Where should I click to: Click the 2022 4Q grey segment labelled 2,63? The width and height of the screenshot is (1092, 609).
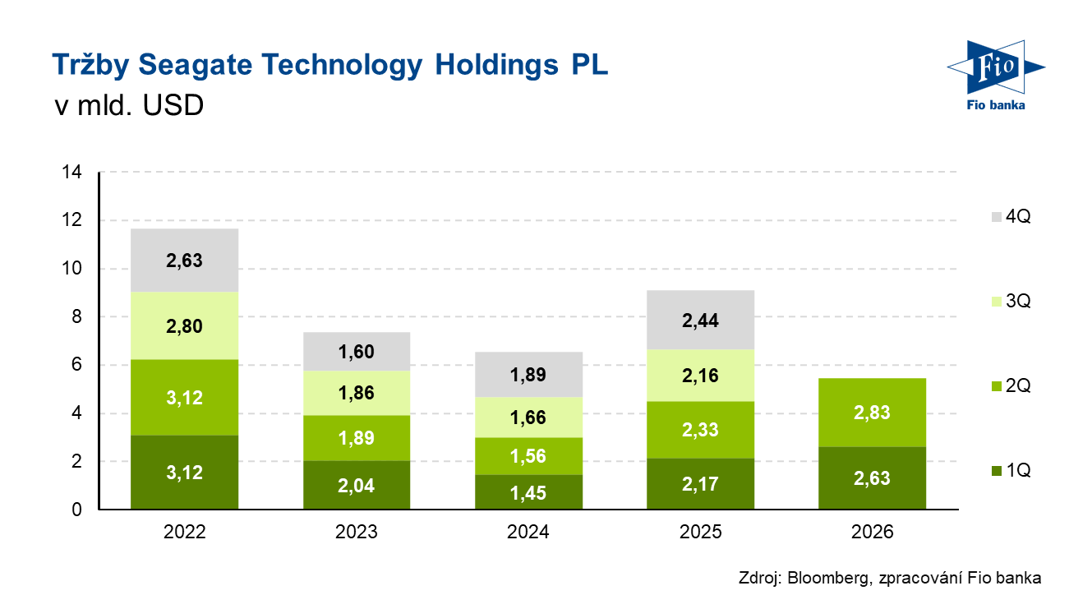coord(185,261)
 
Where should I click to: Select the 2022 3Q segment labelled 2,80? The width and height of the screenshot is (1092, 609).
coord(185,325)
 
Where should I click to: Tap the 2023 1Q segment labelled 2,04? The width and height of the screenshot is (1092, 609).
coord(357,485)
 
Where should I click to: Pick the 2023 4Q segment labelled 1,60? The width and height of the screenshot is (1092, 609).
coord(357,352)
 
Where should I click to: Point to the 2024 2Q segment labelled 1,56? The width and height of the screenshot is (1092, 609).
coord(528,456)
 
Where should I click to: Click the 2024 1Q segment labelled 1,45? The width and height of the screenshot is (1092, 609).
coord(528,492)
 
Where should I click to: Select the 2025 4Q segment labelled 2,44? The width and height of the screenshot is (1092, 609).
coord(701,320)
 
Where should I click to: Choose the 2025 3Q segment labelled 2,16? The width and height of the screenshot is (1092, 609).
coord(701,376)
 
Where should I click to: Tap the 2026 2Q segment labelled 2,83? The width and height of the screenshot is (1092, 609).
coord(873,413)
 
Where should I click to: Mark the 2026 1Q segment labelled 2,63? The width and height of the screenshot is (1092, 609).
coord(873,478)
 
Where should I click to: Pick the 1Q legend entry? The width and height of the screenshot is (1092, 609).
coord(1010,471)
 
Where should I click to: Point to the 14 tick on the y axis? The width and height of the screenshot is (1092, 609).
coord(71,173)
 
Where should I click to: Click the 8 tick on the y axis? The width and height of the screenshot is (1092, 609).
coord(76,317)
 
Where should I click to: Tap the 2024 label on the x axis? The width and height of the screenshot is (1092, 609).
coord(528,532)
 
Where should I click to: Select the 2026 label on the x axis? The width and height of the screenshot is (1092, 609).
coord(873,532)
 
